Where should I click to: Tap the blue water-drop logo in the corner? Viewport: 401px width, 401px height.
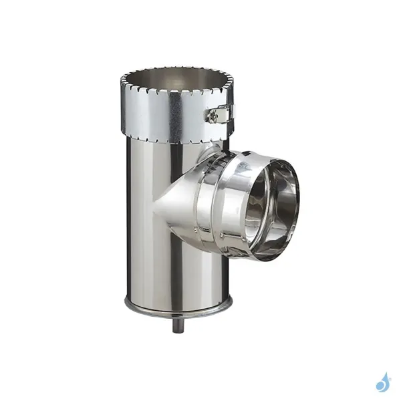pos(382,382)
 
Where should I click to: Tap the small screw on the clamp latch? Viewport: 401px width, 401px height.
pos(214,118)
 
